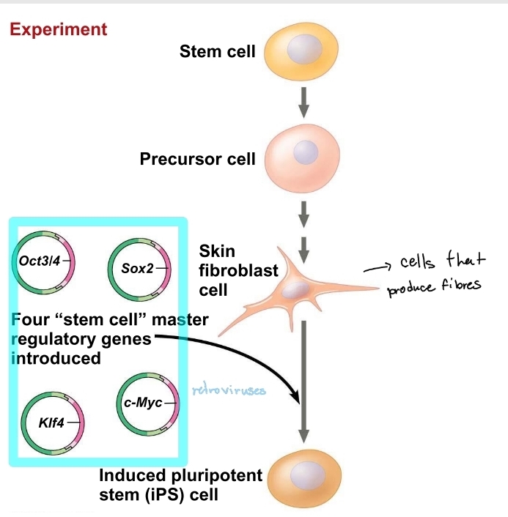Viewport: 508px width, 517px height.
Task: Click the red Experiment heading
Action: tap(58, 30)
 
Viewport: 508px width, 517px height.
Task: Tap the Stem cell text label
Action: tap(217, 52)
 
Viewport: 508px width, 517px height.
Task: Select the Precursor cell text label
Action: tap(198, 159)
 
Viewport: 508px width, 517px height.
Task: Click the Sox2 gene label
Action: tap(137, 268)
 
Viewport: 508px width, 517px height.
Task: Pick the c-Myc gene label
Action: tap(139, 403)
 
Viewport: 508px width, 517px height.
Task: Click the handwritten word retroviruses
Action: tap(229, 390)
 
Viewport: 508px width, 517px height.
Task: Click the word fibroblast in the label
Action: tap(238, 271)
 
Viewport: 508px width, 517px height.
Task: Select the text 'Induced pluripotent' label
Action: tap(180, 476)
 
